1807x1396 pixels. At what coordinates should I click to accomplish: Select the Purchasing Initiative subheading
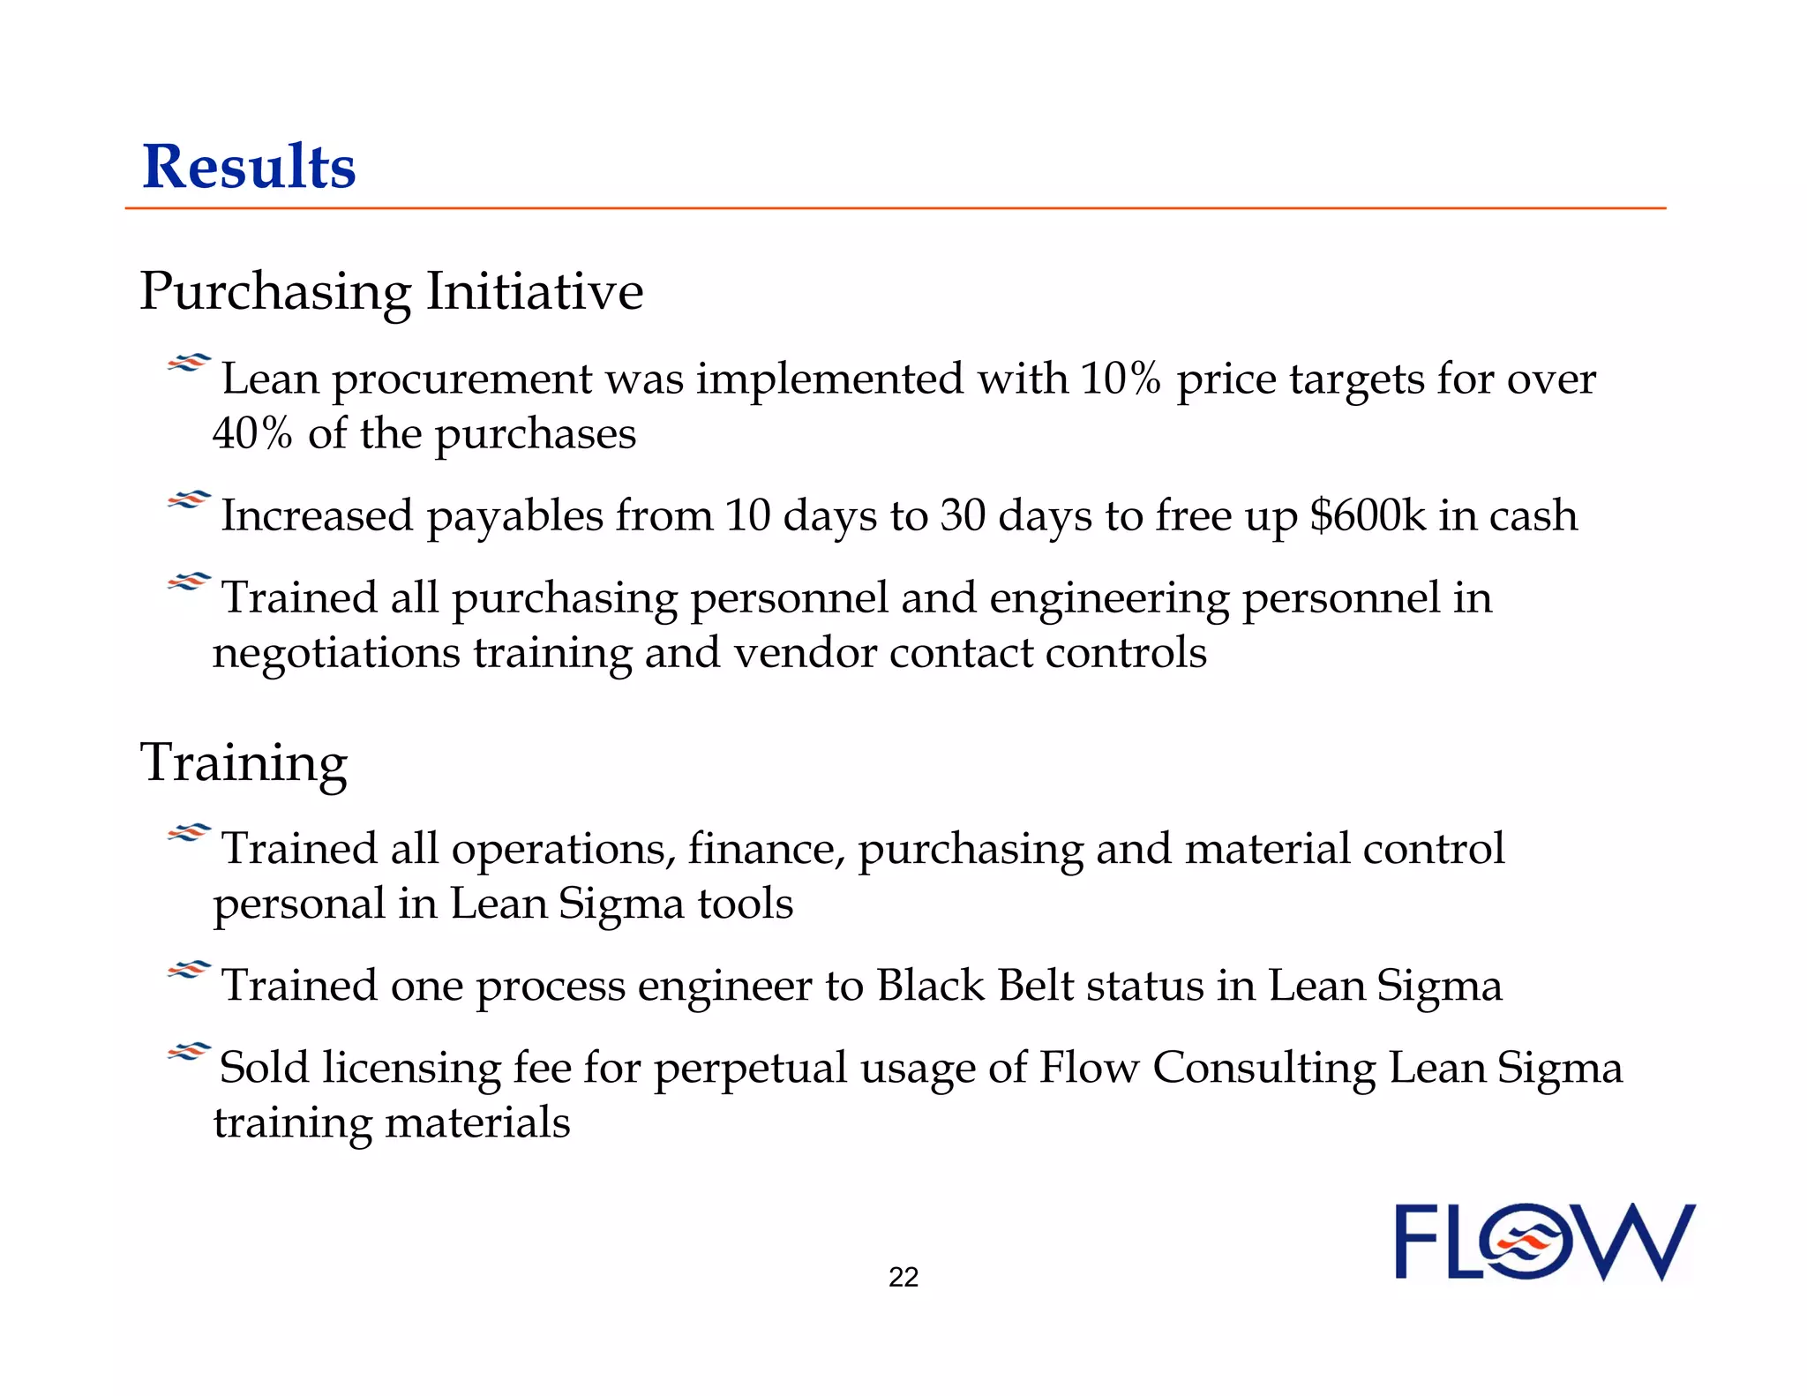(x=392, y=291)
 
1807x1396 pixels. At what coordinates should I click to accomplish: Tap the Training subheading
(x=244, y=762)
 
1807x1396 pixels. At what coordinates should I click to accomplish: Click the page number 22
(x=903, y=1277)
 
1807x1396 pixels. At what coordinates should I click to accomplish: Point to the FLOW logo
(x=1545, y=1242)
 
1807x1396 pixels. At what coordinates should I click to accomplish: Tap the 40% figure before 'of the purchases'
(x=252, y=433)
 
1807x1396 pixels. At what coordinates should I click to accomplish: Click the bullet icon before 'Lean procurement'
(x=189, y=363)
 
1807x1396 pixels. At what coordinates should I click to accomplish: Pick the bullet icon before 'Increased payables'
(x=189, y=500)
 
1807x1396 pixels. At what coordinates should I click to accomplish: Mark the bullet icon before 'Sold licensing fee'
(x=189, y=1052)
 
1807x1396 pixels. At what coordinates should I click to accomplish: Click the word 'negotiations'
(x=336, y=654)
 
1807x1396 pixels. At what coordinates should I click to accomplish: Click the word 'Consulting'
(x=1263, y=1069)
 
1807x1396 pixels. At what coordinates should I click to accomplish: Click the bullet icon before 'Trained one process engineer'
(x=189, y=971)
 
